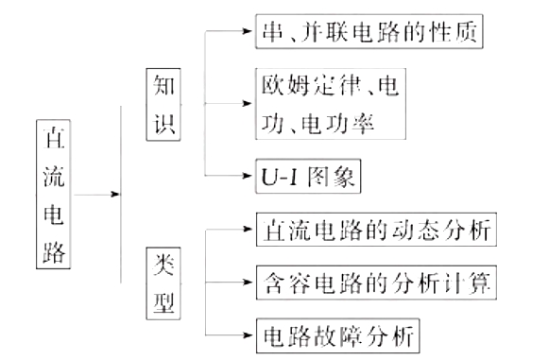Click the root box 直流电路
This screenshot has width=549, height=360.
click(56, 196)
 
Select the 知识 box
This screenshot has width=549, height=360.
click(162, 103)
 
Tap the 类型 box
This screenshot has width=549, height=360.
click(162, 283)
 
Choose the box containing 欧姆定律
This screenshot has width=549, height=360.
click(330, 103)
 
